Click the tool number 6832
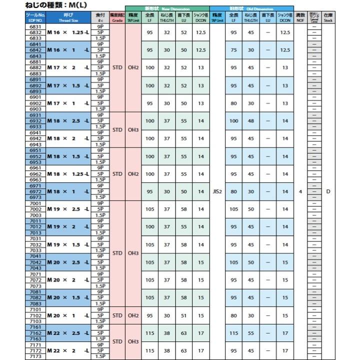[x=35, y=32]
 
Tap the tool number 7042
[x=35, y=262]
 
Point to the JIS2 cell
[x=217, y=191]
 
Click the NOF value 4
[x=300, y=191]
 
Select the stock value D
[x=328, y=191]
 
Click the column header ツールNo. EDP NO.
[x=35, y=18]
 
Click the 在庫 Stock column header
[x=328, y=18]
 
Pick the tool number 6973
[x=35, y=197]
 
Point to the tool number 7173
[x=35, y=356]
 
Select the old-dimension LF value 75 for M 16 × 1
[x=233, y=50]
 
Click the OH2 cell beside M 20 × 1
[x=133, y=315]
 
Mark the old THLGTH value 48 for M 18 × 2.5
[x=251, y=120]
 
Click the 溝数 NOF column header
[x=300, y=18]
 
